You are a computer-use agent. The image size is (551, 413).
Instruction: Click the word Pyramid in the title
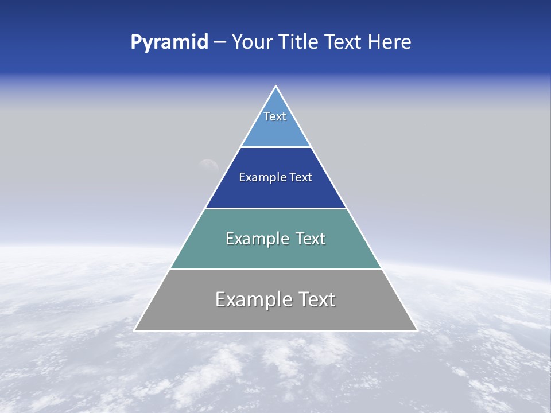tap(169, 42)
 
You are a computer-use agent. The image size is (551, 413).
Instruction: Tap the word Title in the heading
tap(299, 42)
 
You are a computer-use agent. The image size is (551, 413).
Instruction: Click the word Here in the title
tap(390, 42)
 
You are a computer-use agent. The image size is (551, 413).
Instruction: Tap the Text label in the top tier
tap(275, 116)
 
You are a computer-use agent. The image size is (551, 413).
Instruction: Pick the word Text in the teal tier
tap(310, 239)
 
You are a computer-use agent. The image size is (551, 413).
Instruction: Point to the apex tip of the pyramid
tap(275, 87)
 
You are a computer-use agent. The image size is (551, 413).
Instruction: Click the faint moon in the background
tap(208, 165)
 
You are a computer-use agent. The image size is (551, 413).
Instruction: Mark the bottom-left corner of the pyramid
tap(135, 330)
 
